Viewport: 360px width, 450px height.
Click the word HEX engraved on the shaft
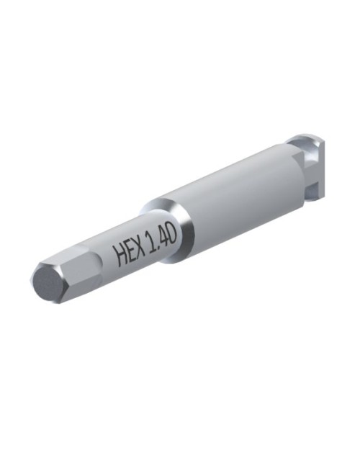click(129, 252)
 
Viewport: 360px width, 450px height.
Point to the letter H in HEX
click(120, 256)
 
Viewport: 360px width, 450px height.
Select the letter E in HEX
click(130, 251)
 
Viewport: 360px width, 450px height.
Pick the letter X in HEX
click(140, 248)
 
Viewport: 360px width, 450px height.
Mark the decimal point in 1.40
click(156, 249)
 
